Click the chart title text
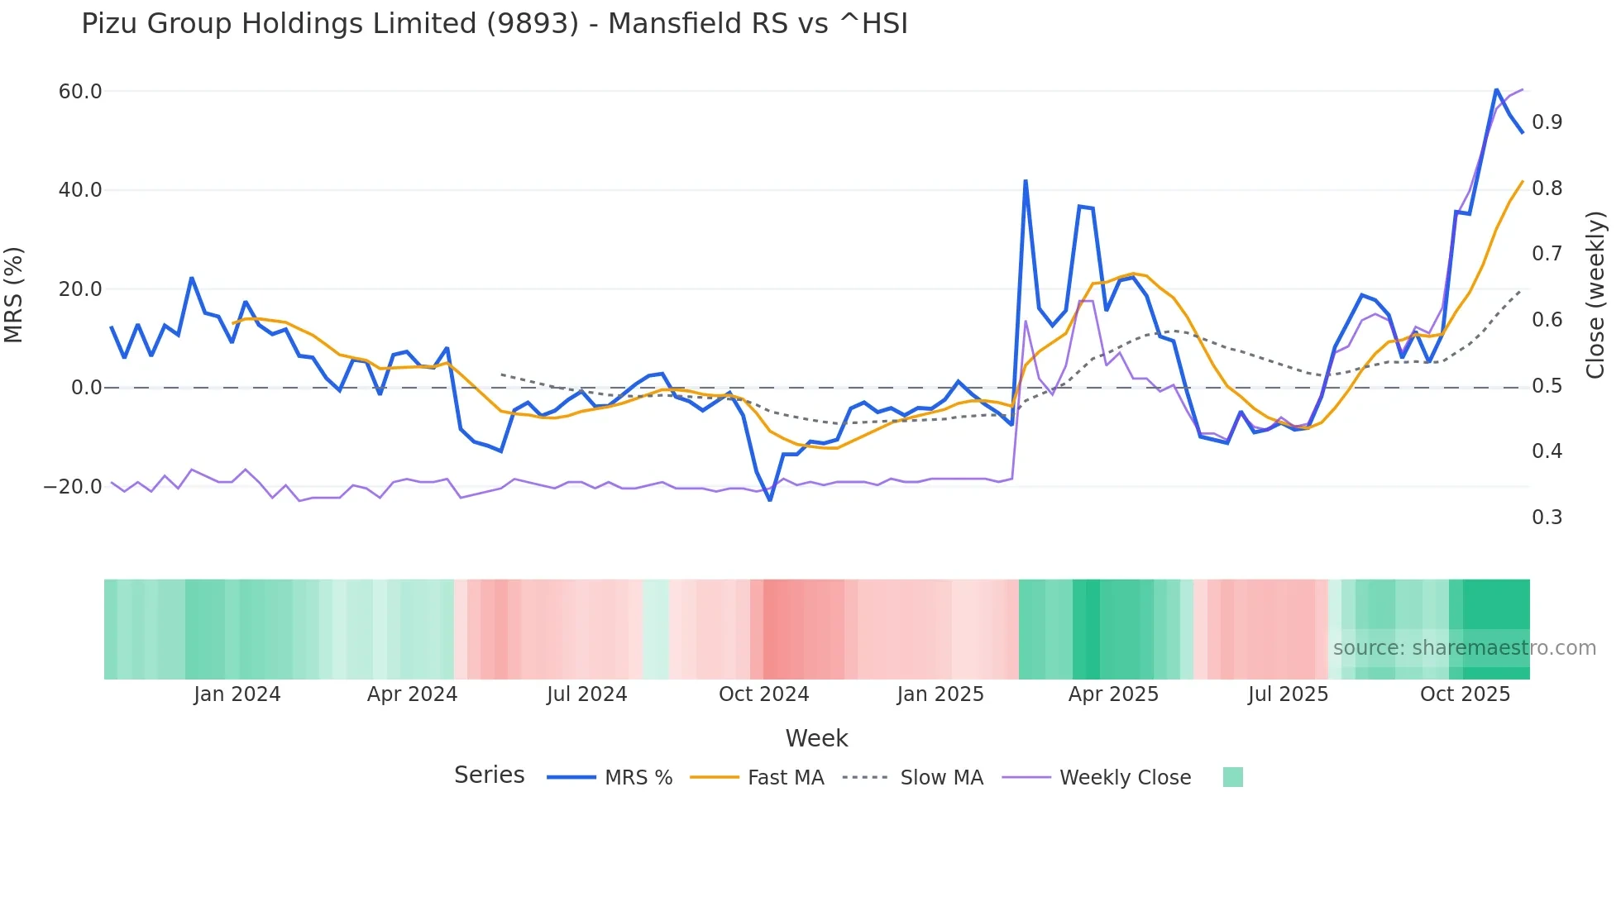tap(494, 24)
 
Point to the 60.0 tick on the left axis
tap(80, 92)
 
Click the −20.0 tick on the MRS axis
tap(74, 487)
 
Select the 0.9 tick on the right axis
tap(1547, 122)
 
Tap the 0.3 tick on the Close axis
tap(1547, 518)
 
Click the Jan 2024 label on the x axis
tap(237, 694)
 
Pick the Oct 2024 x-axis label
tap(763, 694)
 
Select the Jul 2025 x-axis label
tap(1288, 694)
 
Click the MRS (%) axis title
tap(14, 295)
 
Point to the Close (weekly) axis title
tap(1595, 295)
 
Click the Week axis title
tap(816, 738)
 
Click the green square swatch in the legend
tap(1232, 777)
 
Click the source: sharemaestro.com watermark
tap(1464, 648)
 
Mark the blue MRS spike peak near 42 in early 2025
tap(1026, 181)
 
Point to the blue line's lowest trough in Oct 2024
tap(770, 499)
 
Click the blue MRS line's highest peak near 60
tap(1496, 89)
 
